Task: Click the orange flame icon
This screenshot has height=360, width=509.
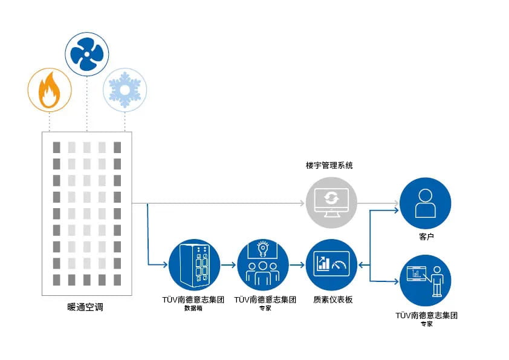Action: point(50,90)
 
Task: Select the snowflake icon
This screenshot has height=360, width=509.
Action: point(125,90)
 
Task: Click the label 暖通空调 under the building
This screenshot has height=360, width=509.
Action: point(85,307)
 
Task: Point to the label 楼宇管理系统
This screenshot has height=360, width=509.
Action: point(331,165)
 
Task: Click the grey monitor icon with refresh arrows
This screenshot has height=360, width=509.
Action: point(331,203)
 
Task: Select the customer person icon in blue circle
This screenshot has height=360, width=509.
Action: point(426,203)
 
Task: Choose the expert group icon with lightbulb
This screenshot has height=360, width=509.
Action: point(262,265)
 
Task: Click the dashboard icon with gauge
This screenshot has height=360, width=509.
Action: point(331,265)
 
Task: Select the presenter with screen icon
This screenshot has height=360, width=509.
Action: point(426,280)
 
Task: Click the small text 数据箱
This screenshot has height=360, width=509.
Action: point(194,309)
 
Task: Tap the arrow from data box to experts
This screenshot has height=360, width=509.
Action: point(229,265)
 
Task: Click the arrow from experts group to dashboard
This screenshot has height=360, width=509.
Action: point(297,265)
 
